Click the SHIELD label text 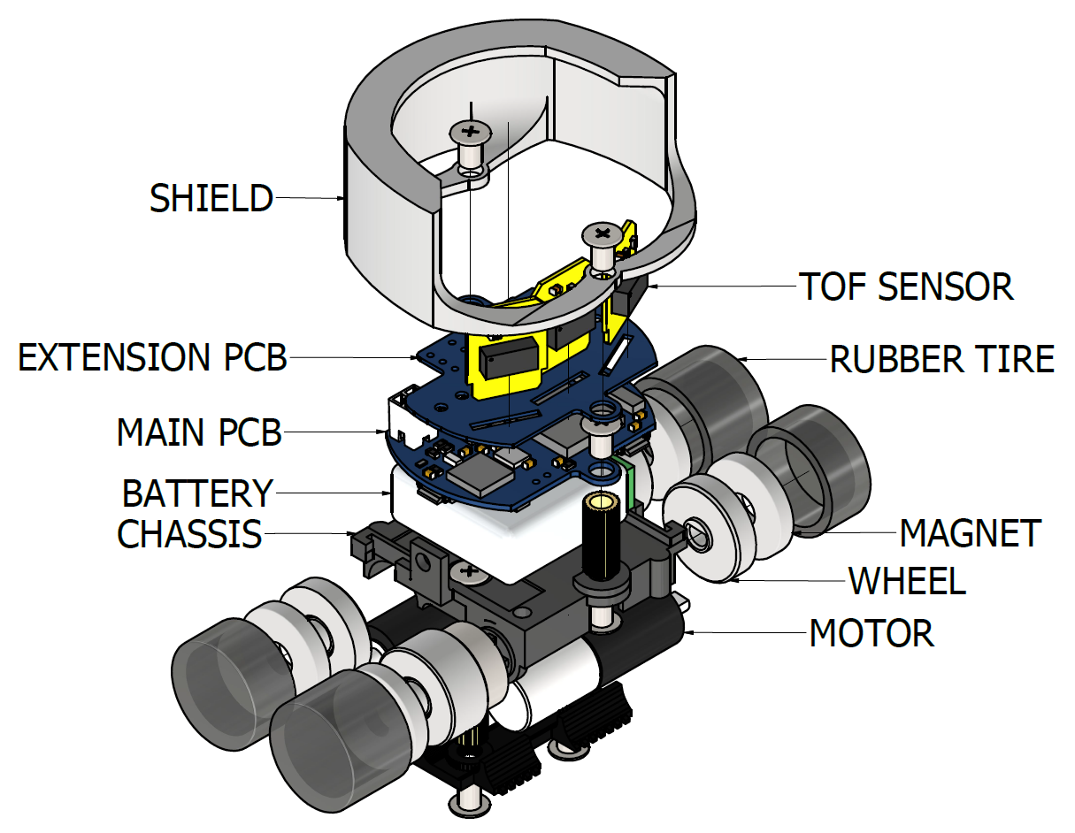(x=211, y=198)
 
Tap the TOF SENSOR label (x=905, y=287)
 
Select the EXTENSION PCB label (x=153, y=358)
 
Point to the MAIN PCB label (x=199, y=433)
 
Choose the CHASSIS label (x=190, y=534)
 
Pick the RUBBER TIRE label (x=941, y=359)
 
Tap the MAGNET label (x=970, y=533)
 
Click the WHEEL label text (x=907, y=581)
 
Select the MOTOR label (x=872, y=633)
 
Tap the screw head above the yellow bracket (x=602, y=234)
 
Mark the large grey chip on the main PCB (x=480, y=471)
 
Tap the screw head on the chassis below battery (x=468, y=574)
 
